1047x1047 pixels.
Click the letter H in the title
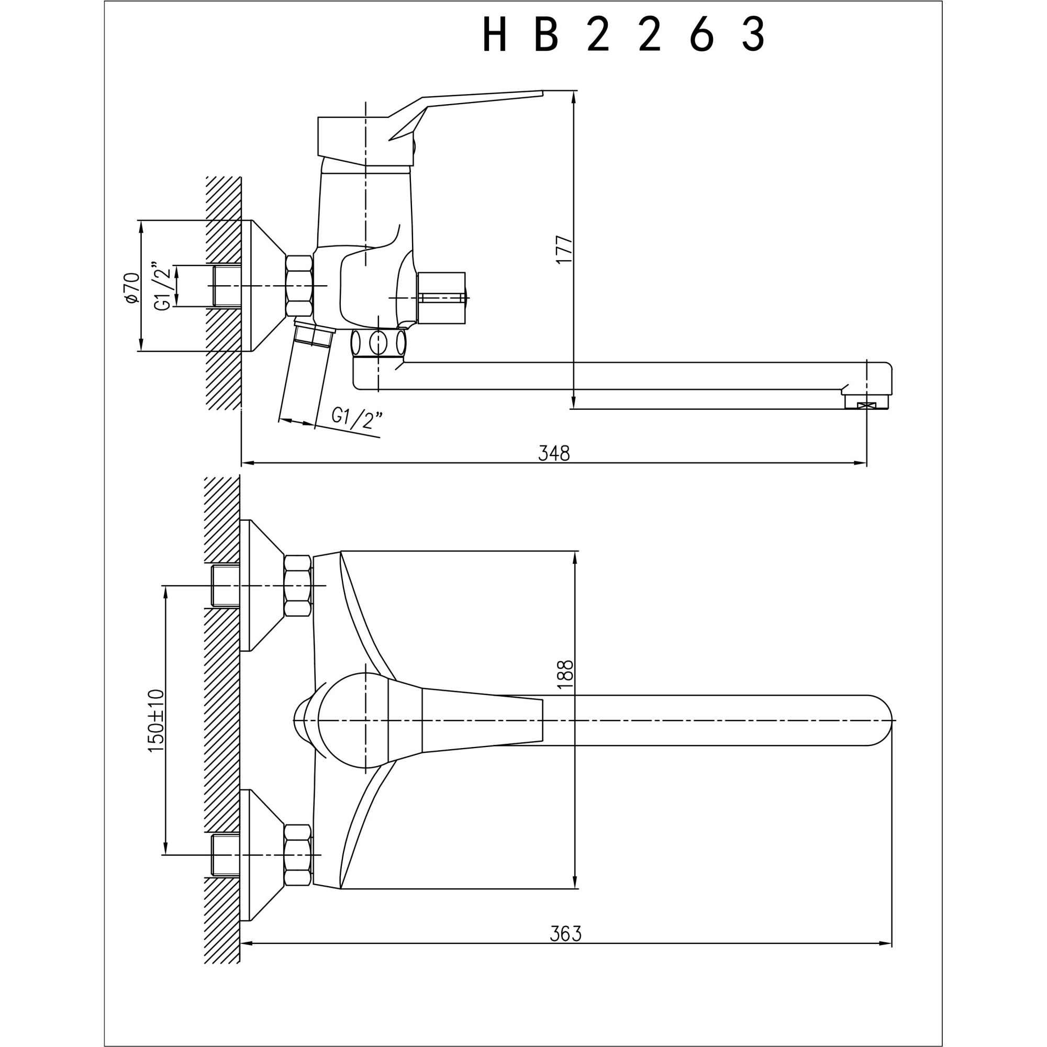pos(494,34)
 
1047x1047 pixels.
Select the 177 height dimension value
pos(564,249)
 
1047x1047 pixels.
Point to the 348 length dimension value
pos(554,453)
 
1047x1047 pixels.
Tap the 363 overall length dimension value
pos(565,933)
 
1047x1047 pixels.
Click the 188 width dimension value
pos(565,674)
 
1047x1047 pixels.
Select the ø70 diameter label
pos(132,288)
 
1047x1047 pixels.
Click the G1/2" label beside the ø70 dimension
pos(163,287)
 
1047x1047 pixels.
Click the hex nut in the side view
pos(299,286)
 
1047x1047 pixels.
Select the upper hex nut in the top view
pos(297,585)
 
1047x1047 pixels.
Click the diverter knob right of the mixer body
pos(441,297)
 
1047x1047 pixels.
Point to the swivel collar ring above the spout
pos(378,342)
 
